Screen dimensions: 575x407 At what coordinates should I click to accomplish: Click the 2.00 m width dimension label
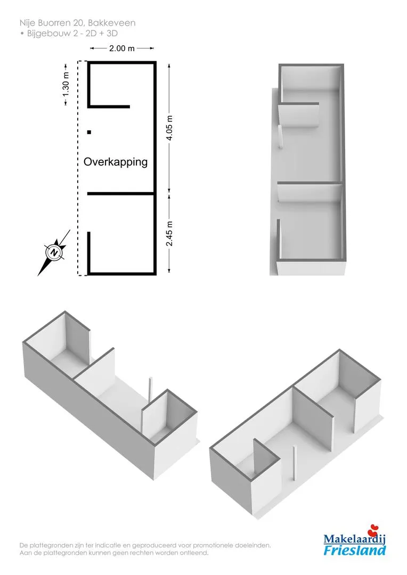[x=121, y=48]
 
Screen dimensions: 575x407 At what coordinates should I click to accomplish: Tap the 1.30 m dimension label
[x=66, y=84]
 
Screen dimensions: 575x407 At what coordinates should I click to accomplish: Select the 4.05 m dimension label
[x=169, y=128]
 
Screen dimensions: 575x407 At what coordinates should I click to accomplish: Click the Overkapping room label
[x=116, y=162]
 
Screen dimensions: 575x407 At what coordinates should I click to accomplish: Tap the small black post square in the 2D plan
[x=89, y=132]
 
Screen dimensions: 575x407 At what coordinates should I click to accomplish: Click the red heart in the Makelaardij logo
[x=374, y=530]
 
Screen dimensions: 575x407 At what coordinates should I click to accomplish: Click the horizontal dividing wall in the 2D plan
[x=121, y=194]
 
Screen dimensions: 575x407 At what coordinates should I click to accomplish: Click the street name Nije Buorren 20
[x=52, y=23]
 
